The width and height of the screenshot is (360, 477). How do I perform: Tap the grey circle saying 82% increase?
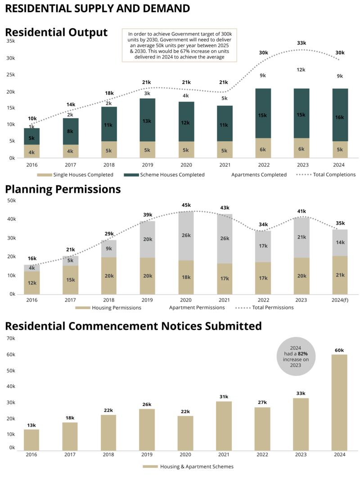click(x=296, y=356)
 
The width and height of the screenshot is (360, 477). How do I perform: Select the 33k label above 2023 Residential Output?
click(x=301, y=43)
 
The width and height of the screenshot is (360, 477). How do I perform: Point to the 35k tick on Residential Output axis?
click(x=10, y=41)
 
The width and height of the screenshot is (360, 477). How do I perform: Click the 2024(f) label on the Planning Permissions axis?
click(x=339, y=299)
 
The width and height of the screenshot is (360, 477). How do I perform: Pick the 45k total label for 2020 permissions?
click(x=186, y=205)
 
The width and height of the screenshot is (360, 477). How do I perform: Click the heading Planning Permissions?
click(x=63, y=189)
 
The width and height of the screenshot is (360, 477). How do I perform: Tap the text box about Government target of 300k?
click(x=180, y=45)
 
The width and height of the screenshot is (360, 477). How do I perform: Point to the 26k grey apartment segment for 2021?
click(x=225, y=238)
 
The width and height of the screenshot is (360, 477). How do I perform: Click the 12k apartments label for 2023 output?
click(x=301, y=70)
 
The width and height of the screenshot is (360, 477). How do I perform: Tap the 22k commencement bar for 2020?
click(x=185, y=432)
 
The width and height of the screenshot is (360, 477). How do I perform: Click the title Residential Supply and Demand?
click(x=97, y=8)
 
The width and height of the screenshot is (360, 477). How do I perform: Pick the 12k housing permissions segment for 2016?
click(x=31, y=283)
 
